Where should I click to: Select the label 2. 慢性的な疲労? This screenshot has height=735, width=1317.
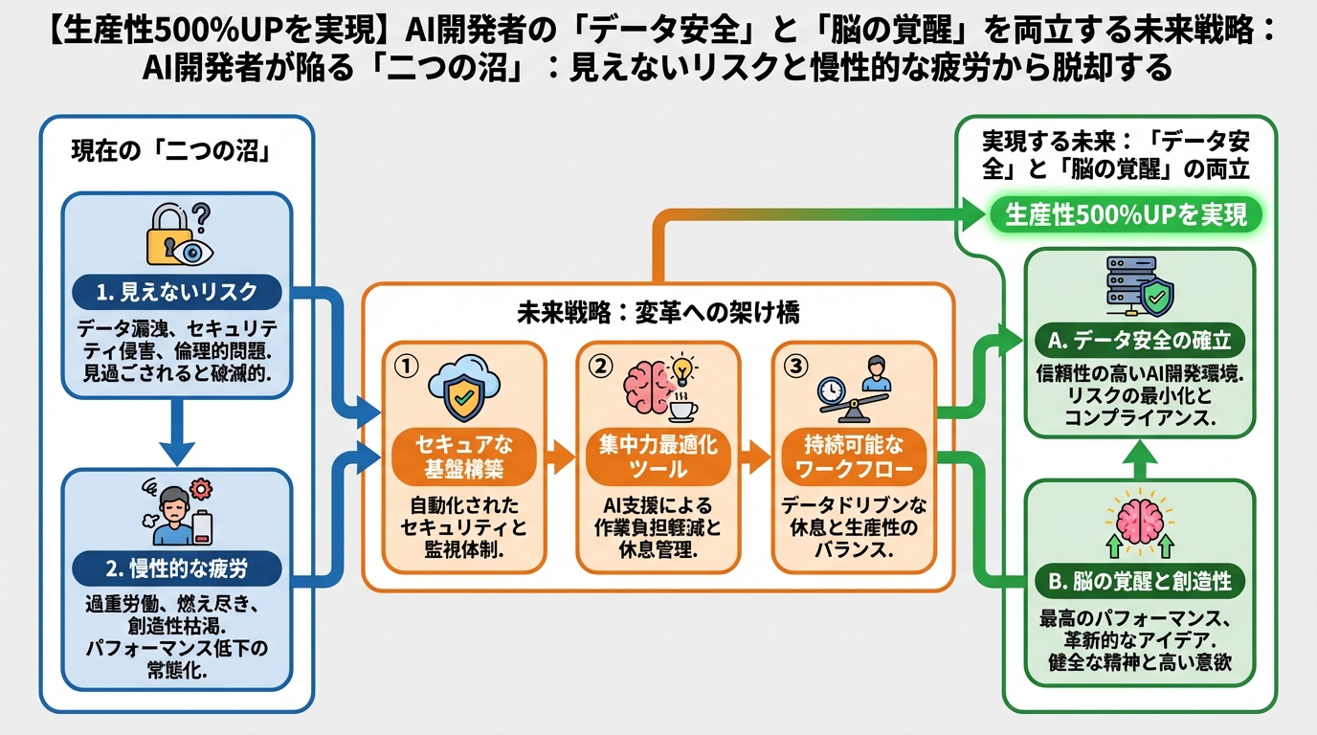(x=178, y=568)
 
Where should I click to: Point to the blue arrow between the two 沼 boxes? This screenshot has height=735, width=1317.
(x=176, y=432)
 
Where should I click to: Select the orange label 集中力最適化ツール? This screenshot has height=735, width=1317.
(x=658, y=457)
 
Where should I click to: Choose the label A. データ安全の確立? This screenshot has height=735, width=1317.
(x=1139, y=340)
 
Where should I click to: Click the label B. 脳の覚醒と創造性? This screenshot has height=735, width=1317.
(x=1139, y=581)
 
